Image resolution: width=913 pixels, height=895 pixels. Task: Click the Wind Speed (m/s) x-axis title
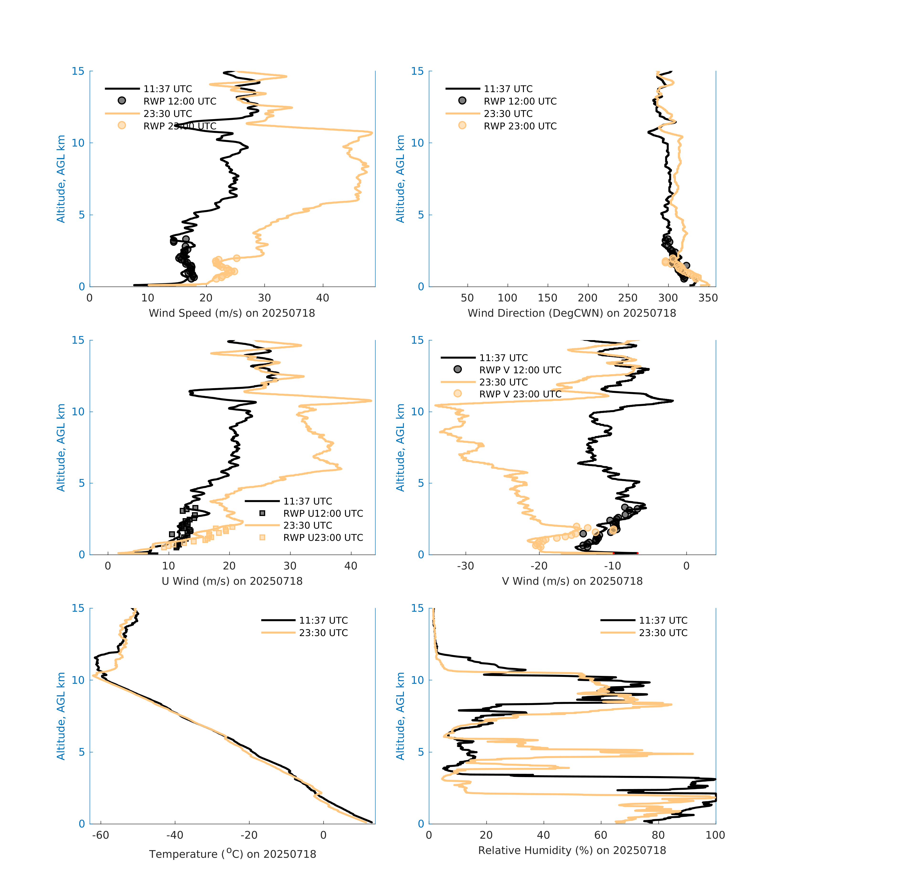[x=232, y=313]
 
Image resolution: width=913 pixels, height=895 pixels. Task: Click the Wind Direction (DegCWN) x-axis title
[x=572, y=313]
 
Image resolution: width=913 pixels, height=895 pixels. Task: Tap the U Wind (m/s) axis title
[x=232, y=581]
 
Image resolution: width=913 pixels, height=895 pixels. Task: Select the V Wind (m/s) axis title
[x=572, y=581]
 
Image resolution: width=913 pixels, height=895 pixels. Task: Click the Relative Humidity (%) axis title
[x=572, y=850]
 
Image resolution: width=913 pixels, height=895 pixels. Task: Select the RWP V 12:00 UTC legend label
[x=520, y=370]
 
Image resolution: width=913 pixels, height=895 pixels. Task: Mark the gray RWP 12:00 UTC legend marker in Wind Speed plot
[x=122, y=100]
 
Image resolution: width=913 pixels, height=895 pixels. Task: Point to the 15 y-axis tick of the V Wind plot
[x=417, y=340]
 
